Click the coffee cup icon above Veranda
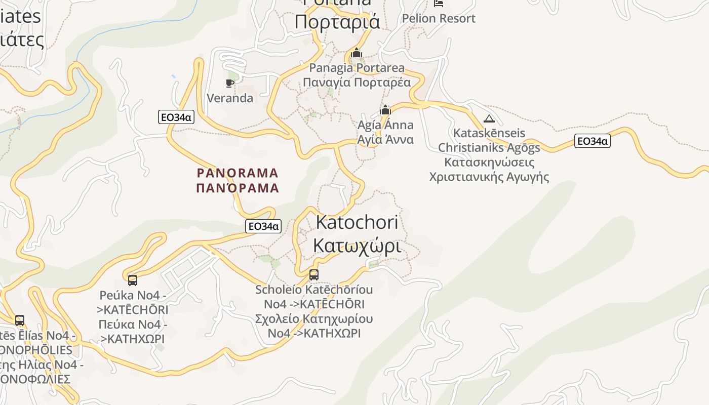point(230,83)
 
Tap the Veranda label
point(230,98)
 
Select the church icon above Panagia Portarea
point(357,53)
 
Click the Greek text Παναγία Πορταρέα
point(357,83)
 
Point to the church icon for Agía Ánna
point(385,110)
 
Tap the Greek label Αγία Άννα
point(385,139)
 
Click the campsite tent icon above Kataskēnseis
point(489,119)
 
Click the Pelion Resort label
point(439,19)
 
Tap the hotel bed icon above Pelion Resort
point(439,3)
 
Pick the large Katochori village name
point(357,222)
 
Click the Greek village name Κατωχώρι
point(357,246)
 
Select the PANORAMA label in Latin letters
point(238,173)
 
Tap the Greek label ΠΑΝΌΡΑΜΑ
point(238,188)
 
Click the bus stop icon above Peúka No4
point(133,280)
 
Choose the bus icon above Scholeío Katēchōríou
point(314,275)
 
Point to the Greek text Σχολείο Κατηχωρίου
point(314,319)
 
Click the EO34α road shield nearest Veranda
point(176,117)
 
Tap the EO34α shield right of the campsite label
point(592,141)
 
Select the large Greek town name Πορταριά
point(337,22)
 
